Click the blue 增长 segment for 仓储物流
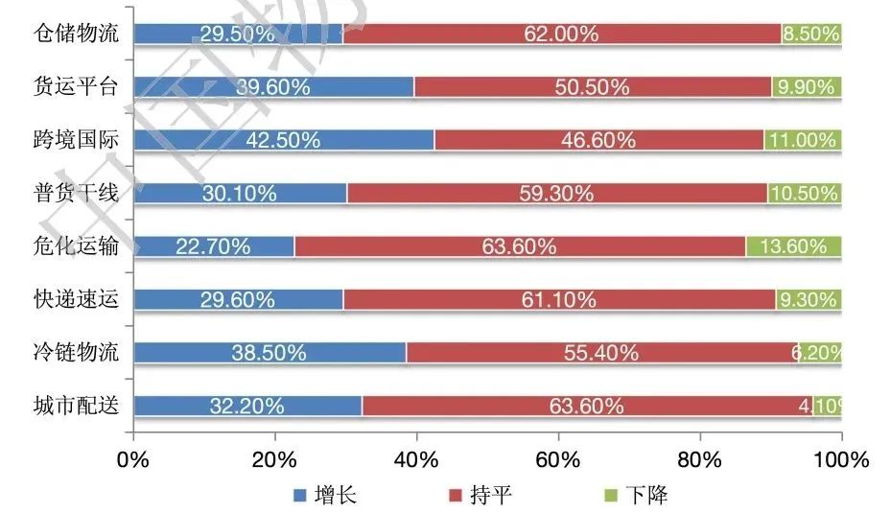tap(238, 34)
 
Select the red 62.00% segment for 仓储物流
tap(561, 34)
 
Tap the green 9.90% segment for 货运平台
tap(807, 87)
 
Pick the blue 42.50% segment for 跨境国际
tap(284, 140)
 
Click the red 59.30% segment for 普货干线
tap(556, 193)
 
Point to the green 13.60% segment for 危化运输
tap(793, 246)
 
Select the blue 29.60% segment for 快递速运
tap(238, 299)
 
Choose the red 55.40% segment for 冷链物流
tap(601, 352)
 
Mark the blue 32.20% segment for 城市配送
tap(247, 406)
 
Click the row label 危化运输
tap(76, 246)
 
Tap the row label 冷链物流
tap(76, 352)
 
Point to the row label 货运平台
tap(76, 87)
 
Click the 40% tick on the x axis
tap(416, 460)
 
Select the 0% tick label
tap(133, 460)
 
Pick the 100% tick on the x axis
tap(841, 460)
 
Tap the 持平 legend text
tap(492, 496)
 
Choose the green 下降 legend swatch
tap(609, 496)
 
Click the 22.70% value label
tap(213, 246)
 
